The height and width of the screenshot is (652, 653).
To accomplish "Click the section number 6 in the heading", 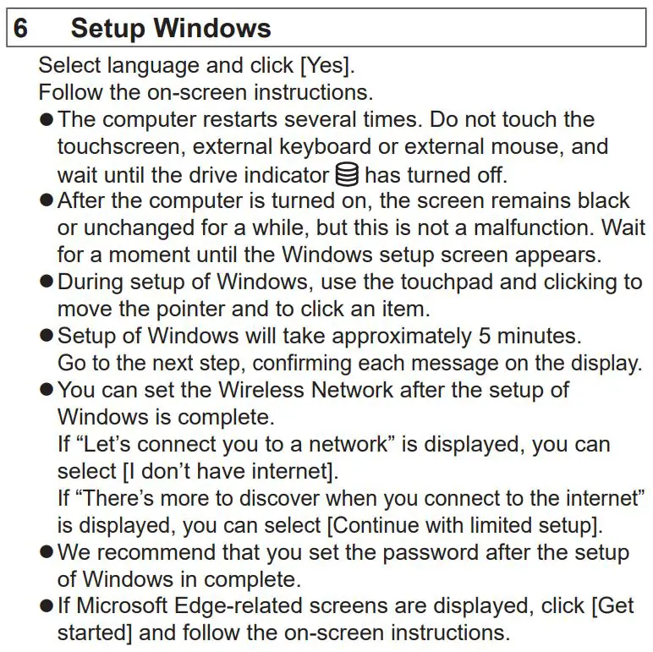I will click(x=20, y=28).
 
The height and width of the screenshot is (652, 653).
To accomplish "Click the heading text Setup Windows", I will click(x=171, y=28).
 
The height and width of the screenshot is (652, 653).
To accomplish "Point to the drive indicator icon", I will click(x=346, y=174).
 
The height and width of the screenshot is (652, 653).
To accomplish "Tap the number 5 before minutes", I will click(x=485, y=336).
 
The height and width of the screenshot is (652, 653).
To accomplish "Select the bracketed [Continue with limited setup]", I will click(x=464, y=525).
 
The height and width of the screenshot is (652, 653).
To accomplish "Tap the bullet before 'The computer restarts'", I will click(x=47, y=120).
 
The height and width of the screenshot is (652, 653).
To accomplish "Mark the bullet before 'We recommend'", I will click(x=47, y=553).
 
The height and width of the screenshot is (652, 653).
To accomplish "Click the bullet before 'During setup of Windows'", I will click(x=47, y=282).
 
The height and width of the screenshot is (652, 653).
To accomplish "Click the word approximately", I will click(x=402, y=336).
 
